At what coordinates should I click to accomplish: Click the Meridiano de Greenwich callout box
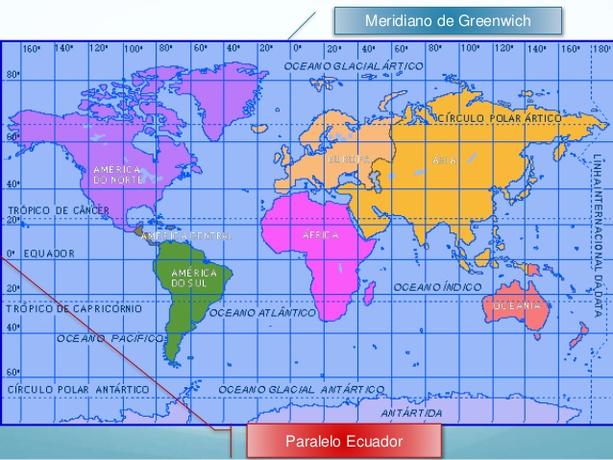(446, 20)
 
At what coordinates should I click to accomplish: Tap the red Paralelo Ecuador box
(343, 441)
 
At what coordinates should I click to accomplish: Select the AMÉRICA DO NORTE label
(117, 174)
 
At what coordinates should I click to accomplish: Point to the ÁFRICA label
(320, 234)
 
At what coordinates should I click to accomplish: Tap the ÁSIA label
(445, 160)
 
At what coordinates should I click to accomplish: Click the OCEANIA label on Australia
(518, 305)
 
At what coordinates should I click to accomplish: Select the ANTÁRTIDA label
(411, 412)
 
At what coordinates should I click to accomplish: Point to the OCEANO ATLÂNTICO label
(262, 312)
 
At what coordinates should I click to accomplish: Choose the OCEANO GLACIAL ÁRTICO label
(353, 64)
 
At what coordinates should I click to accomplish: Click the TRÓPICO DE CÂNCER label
(58, 209)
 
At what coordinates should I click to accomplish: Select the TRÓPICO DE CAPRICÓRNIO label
(74, 308)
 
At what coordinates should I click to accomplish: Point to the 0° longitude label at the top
(297, 47)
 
